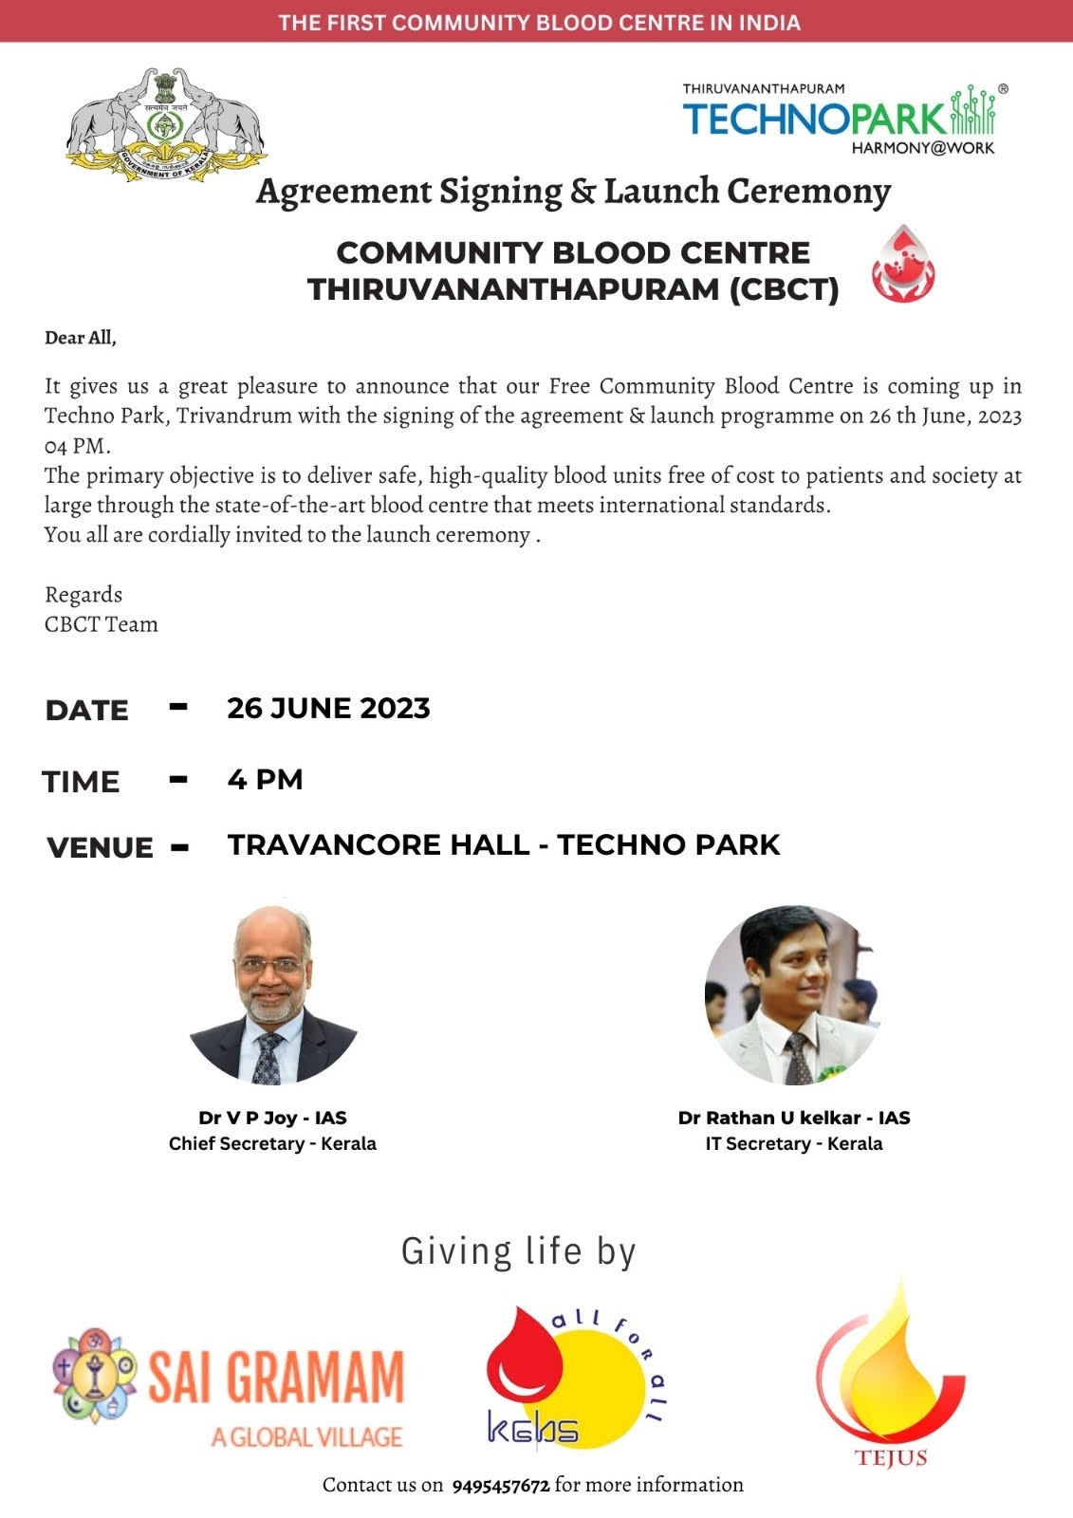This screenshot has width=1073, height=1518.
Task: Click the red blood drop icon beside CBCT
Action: tap(903, 265)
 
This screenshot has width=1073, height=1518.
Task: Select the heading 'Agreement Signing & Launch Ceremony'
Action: tap(573, 192)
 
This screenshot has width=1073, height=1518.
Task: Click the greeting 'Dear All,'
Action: tap(81, 338)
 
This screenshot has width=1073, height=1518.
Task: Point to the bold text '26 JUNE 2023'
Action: tap(328, 708)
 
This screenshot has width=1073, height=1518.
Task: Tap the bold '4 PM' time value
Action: tap(265, 780)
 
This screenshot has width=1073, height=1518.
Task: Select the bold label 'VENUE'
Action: tap(100, 847)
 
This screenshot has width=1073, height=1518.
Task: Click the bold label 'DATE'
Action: tap(86, 710)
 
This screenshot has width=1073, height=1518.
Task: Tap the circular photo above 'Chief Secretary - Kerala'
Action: tap(273, 994)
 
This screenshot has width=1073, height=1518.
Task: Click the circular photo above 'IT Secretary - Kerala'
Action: tap(793, 994)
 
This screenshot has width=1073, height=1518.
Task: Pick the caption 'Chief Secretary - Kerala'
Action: tap(272, 1143)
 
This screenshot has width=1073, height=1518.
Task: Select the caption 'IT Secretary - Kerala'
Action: tap(793, 1143)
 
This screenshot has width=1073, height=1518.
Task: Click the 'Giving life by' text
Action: tap(518, 1251)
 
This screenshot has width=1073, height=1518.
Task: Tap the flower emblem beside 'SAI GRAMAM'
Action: tap(95, 1374)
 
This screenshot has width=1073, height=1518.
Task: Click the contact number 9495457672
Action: tap(500, 1486)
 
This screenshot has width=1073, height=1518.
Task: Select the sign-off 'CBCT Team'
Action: tap(102, 624)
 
